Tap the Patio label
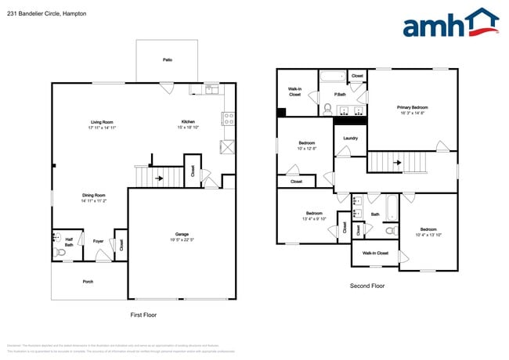(168, 59)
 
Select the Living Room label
(102, 122)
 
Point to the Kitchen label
(188, 122)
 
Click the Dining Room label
(94, 195)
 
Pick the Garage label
(182, 235)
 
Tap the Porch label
(88, 282)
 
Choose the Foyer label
(99, 241)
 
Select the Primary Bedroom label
(412, 107)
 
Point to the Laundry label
(350, 139)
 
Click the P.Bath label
(341, 95)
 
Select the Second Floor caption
(366, 286)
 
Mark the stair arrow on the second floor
(397, 164)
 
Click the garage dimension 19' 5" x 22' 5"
(182, 240)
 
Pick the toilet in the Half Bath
(60, 253)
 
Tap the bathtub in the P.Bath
(332, 77)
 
